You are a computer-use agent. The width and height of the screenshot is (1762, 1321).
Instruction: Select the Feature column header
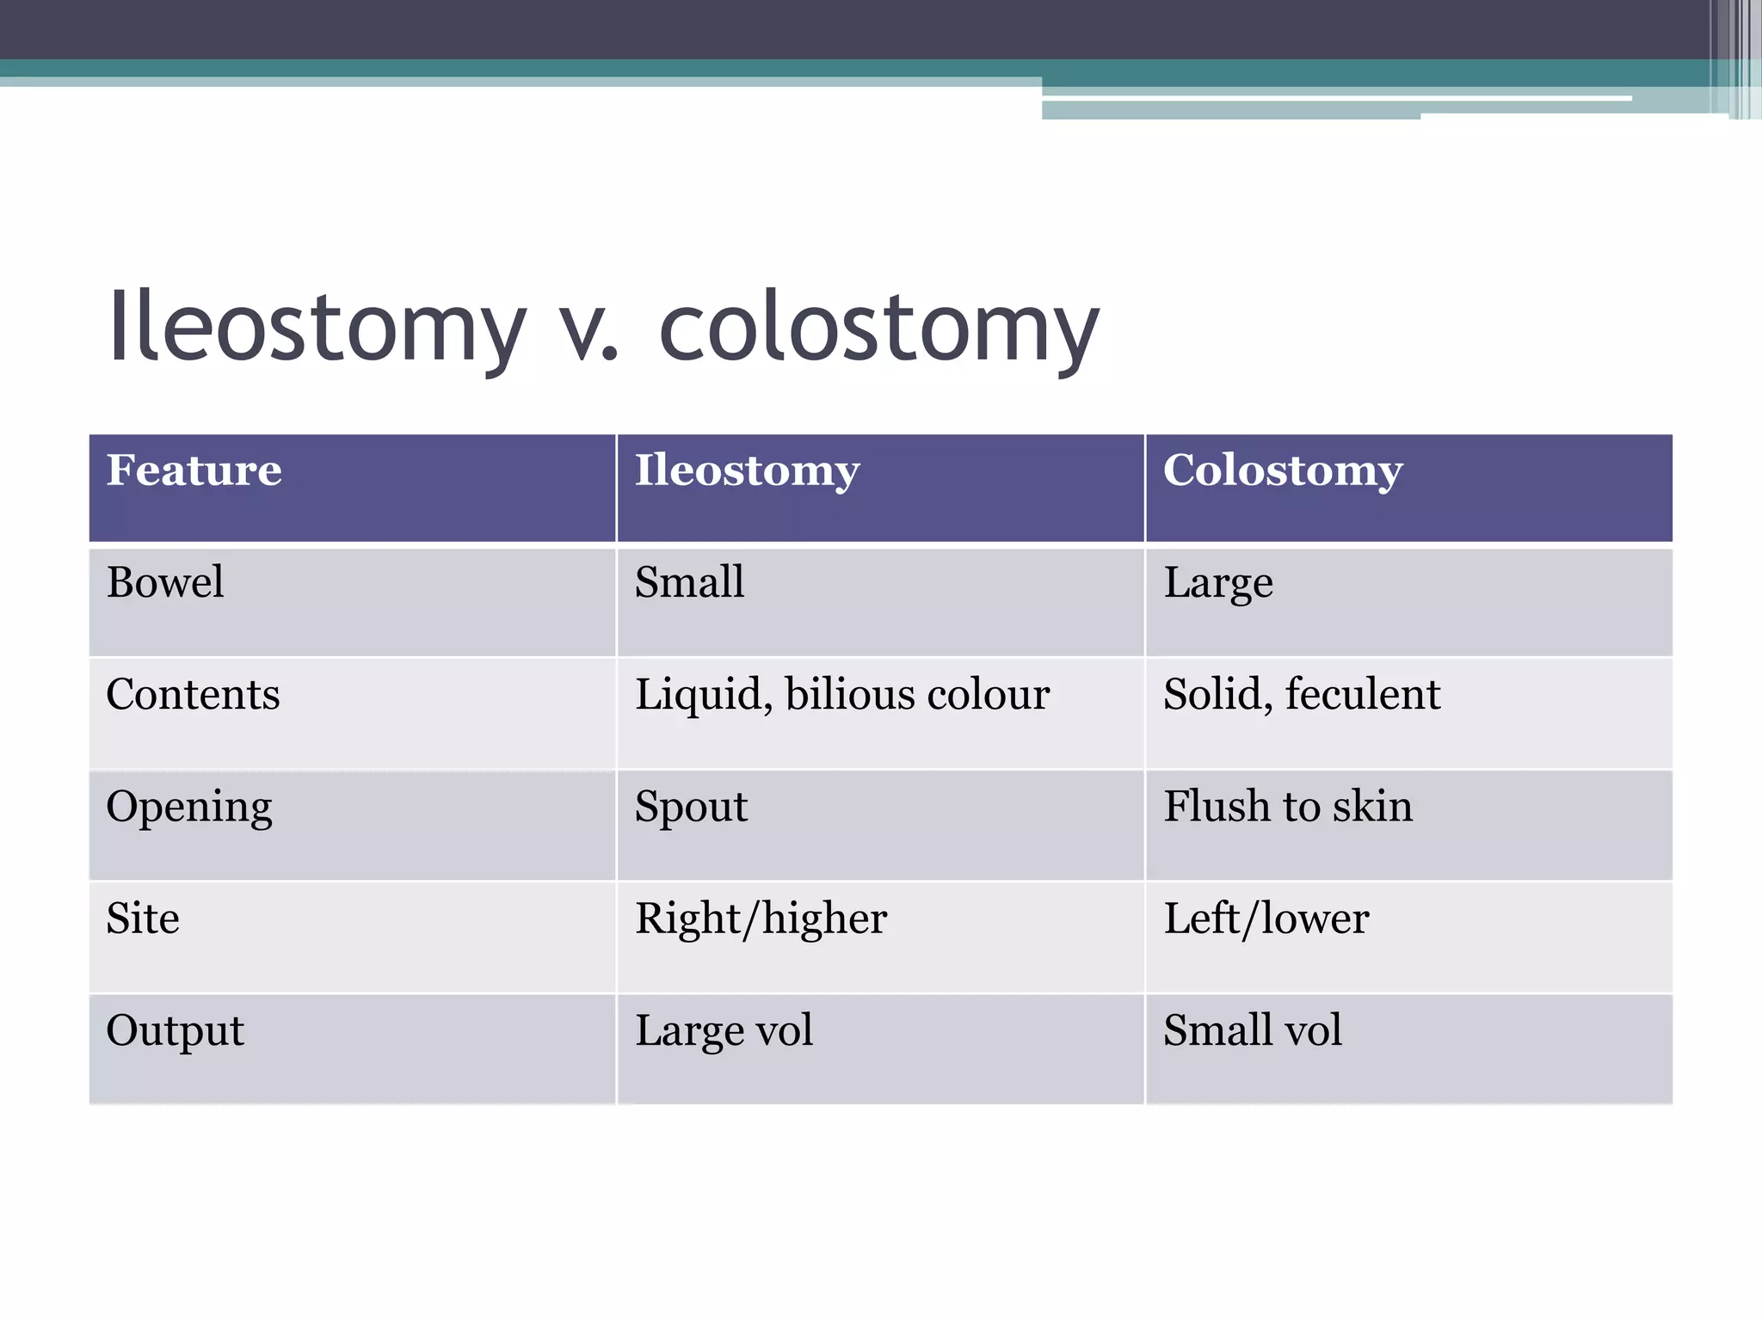194,470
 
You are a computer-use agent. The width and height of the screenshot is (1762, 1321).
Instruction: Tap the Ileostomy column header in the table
747,471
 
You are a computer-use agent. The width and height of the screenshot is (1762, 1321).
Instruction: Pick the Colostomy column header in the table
1283,471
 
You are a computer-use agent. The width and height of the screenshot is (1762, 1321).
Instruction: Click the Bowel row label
165,582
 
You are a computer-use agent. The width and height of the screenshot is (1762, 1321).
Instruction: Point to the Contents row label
193,694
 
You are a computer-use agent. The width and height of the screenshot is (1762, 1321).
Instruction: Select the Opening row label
189,808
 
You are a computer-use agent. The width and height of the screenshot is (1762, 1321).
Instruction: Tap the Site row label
143,919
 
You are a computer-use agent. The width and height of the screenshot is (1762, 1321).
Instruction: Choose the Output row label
175,1030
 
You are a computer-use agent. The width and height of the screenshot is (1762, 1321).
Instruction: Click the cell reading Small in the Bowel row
689,582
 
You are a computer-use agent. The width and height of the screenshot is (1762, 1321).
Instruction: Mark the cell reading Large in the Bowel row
1218,584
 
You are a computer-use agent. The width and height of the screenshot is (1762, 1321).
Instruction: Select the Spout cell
691,808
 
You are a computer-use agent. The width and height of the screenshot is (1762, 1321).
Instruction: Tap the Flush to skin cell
1288,807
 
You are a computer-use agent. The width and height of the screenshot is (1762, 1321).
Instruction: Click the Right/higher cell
761,919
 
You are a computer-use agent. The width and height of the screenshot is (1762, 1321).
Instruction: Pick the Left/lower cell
1266,919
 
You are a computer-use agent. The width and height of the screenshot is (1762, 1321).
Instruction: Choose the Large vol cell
724,1030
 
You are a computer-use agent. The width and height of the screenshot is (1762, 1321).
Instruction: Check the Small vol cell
1253,1030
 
